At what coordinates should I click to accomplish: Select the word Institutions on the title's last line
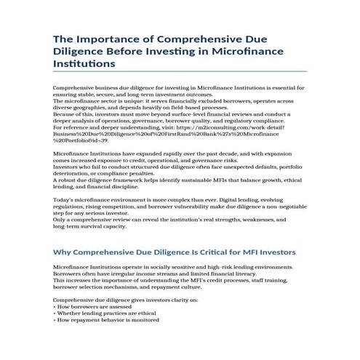click(84, 64)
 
